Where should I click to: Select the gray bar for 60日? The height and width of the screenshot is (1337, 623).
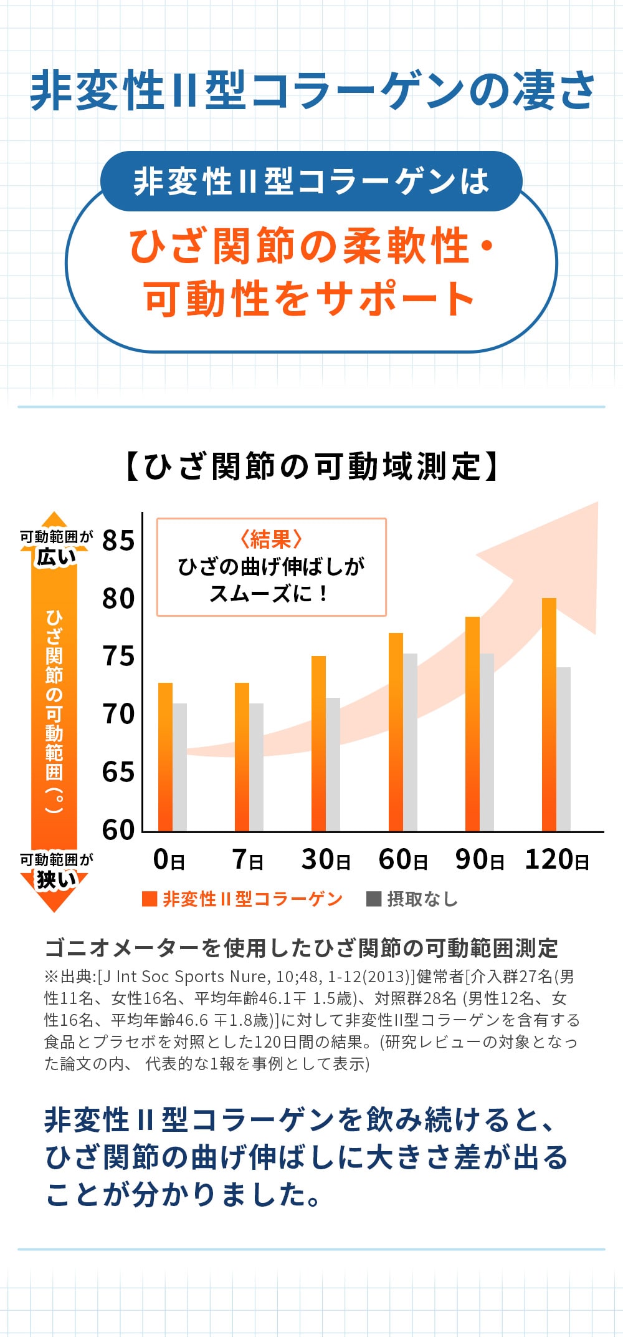(x=410, y=742)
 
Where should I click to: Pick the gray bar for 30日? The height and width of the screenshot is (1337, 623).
(x=333, y=764)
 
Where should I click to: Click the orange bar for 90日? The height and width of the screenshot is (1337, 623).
(x=472, y=723)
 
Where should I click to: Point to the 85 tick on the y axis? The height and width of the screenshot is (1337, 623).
(x=118, y=541)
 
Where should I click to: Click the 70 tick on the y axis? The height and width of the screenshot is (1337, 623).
(x=118, y=714)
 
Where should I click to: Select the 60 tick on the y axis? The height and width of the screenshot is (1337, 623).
(x=118, y=830)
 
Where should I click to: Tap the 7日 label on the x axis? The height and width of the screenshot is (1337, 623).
(x=248, y=860)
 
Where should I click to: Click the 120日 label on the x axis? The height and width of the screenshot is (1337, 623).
(x=556, y=860)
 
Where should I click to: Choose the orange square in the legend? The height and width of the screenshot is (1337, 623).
(x=150, y=899)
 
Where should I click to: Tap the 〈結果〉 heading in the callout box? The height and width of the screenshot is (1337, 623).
(x=271, y=539)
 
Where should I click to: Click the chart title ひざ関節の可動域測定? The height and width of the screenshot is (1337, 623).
(x=311, y=466)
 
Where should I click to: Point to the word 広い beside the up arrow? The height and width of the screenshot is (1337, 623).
(x=55, y=557)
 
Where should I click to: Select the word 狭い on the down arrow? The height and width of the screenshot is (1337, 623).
(x=55, y=880)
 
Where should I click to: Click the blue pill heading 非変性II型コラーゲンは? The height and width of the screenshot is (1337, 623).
(x=311, y=181)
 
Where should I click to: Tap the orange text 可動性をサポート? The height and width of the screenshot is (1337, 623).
(x=310, y=298)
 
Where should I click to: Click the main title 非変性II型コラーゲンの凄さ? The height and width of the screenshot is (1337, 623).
(x=311, y=91)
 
